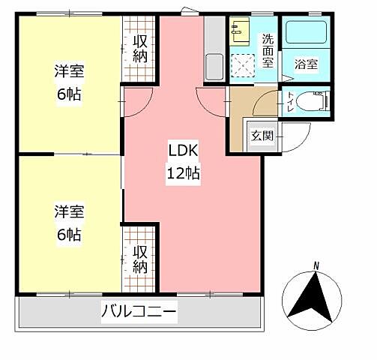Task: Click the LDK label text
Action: point(183,148)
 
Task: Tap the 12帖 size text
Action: point(183,173)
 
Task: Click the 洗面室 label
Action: point(268,51)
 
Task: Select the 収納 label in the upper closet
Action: point(140,48)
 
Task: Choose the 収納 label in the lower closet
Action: point(140,258)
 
